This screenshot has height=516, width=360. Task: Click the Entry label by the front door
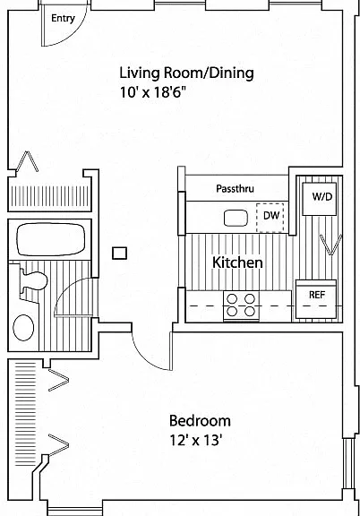pos(63,19)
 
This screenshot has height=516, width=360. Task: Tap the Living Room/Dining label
pos(186,73)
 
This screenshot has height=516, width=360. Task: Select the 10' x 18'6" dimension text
pos(153,92)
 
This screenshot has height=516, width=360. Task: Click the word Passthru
pos(235,188)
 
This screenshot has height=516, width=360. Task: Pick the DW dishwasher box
pos(270,218)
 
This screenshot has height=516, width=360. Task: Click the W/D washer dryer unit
pos(319,199)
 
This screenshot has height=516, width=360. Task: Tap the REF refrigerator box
pos(316,299)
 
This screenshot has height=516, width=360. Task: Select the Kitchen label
pos(237,262)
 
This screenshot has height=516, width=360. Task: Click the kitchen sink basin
pos(236,219)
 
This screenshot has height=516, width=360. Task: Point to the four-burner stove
pos(241,305)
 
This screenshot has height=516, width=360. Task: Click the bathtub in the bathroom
pos(51,239)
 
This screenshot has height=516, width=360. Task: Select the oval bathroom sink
pos(23,328)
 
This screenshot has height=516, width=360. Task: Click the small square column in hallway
pos(119,254)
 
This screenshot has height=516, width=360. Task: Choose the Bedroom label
pos(200,421)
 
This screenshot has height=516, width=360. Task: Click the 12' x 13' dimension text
pos(194,440)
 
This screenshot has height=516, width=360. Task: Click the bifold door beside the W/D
pos(331,245)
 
